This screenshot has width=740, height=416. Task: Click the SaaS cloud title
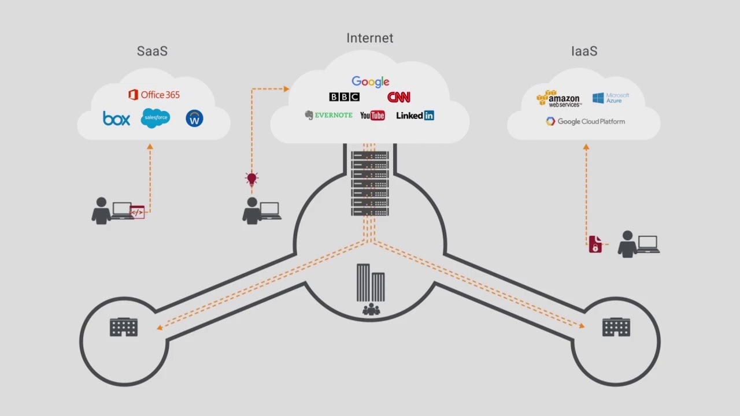coord(152,51)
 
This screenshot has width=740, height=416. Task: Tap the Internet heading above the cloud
coord(370,38)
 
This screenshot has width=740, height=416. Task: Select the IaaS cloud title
coord(584,51)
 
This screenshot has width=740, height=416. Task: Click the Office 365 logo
coord(154,95)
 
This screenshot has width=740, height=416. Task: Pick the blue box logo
coord(116,118)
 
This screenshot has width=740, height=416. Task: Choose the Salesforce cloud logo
coord(156,118)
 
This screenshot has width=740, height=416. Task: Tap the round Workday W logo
coord(194,118)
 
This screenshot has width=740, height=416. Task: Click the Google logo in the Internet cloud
coord(370,81)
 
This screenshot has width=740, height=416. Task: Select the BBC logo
coord(344,97)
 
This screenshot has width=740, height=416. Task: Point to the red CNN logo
coord(398,97)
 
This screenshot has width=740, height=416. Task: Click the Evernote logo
coord(328,115)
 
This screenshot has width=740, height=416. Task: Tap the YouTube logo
coord(372,116)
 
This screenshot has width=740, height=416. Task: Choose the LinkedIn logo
coord(415,116)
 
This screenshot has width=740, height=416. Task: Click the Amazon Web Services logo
coord(558,99)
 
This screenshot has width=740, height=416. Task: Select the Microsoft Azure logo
coord(610,98)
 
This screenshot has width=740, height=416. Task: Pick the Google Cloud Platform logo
coord(585,121)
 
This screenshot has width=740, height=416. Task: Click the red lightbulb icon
coord(251,179)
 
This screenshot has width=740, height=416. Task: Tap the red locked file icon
coord(595,244)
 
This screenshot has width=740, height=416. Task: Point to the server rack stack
coord(370,183)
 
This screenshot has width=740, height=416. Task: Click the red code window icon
coord(137,212)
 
